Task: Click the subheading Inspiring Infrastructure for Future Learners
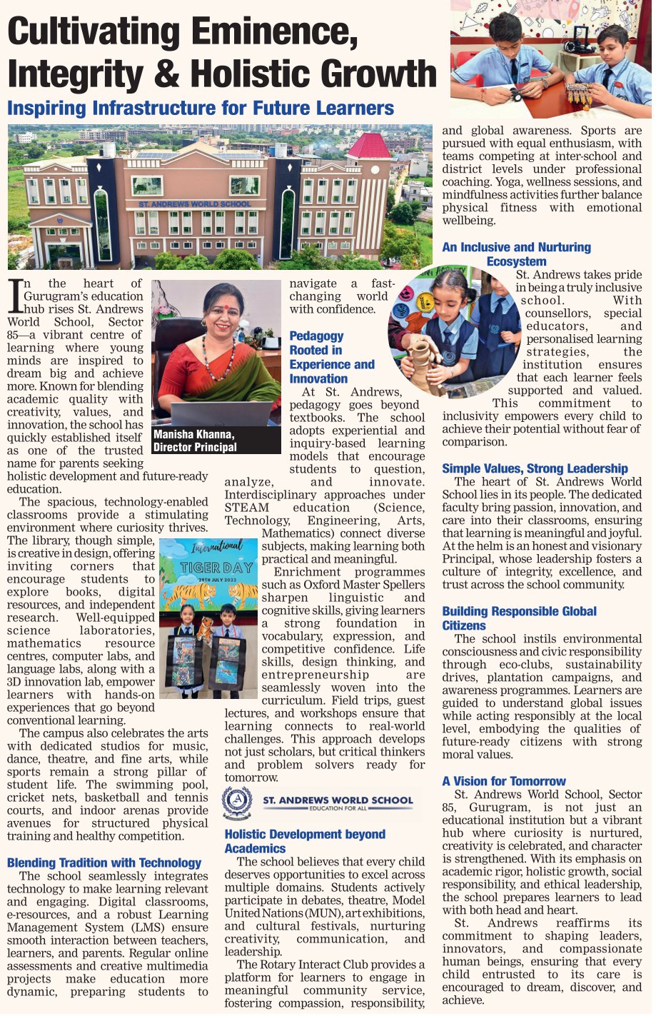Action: [x=201, y=109]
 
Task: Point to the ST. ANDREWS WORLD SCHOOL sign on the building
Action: [x=194, y=204]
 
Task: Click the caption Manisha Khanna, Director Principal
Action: [x=194, y=441]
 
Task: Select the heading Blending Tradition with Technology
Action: [x=104, y=862]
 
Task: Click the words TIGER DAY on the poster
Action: [x=208, y=568]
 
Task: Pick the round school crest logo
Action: [x=237, y=803]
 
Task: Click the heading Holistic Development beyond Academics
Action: [x=305, y=841]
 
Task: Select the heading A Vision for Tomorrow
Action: [x=503, y=781]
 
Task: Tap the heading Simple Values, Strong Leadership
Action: [x=535, y=468]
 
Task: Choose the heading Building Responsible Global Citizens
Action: [x=519, y=618]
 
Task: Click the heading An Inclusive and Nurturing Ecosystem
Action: [x=516, y=254]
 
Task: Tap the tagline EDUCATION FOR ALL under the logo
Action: [x=338, y=809]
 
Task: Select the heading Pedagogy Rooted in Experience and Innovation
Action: [x=331, y=357]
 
